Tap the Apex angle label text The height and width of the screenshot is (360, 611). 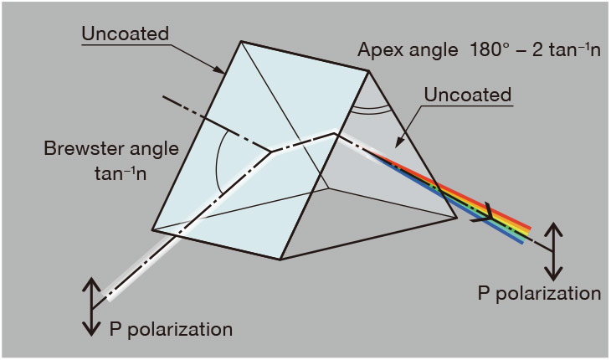point(408,50)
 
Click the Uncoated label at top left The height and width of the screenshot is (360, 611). point(125,33)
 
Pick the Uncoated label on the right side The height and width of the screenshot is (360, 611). point(468,95)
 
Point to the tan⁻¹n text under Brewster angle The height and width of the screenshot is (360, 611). point(121,173)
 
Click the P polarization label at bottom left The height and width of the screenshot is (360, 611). point(171,330)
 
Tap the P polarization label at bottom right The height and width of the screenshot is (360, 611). point(539,293)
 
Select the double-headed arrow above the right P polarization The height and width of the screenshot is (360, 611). point(553,252)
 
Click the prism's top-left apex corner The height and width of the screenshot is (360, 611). point(241,41)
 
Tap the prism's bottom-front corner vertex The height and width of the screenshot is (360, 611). point(280,260)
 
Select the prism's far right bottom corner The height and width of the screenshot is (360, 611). point(457,218)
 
